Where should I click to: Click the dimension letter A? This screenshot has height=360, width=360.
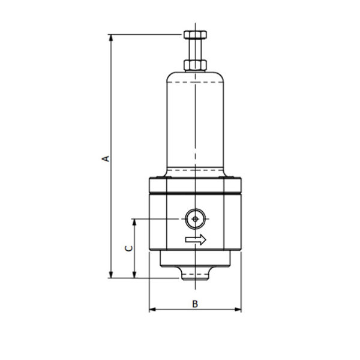(106, 158)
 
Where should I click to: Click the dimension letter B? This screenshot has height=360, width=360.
(195, 304)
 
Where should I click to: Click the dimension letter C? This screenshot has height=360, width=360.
(128, 248)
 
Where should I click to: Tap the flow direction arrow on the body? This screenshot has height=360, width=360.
(196, 239)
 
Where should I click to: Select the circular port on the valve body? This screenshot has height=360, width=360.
(196, 219)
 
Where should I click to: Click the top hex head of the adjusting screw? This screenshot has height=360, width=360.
(195, 35)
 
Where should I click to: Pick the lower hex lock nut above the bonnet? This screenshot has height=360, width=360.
(195, 65)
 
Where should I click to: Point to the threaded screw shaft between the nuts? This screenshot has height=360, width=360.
(195, 49)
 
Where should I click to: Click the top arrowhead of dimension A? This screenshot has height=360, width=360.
(111, 38)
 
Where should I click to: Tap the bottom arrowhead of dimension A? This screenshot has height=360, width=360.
(111, 275)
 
